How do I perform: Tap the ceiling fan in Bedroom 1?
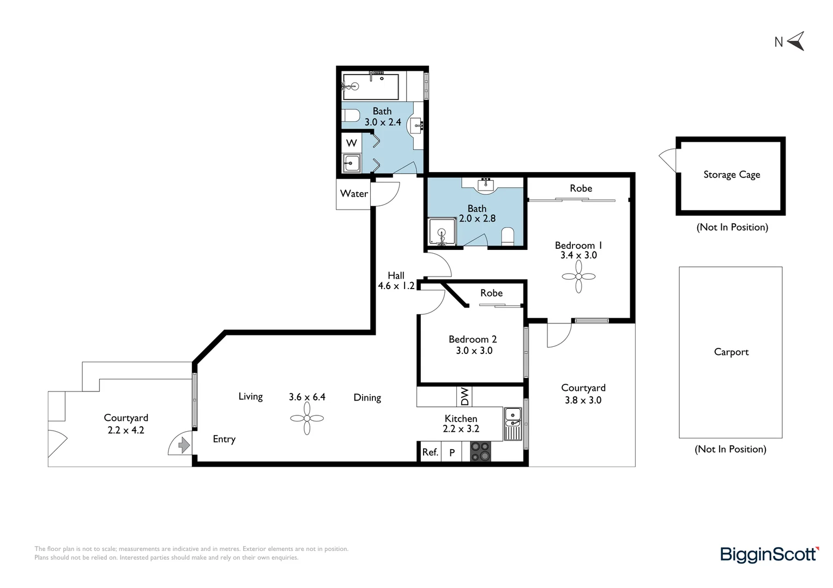(578, 277)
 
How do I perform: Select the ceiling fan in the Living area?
(307, 418)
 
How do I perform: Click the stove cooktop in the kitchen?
(480, 451)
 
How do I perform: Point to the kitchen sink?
(513, 424)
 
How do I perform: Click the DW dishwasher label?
(465, 396)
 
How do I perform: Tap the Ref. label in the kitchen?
(430, 452)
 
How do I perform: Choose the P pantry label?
(452, 452)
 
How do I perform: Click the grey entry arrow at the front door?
(184, 445)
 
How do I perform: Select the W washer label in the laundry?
(352, 143)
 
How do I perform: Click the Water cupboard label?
(354, 193)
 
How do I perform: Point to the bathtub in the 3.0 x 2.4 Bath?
(371, 87)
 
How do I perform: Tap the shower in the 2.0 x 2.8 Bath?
(442, 232)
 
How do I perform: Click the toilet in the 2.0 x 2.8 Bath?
(508, 237)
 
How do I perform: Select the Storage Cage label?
(732, 175)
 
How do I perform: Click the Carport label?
(731, 352)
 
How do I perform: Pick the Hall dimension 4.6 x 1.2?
(396, 286)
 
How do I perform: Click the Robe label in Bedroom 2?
(491, 293)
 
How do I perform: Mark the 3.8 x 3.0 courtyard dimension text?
(583, 400)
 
